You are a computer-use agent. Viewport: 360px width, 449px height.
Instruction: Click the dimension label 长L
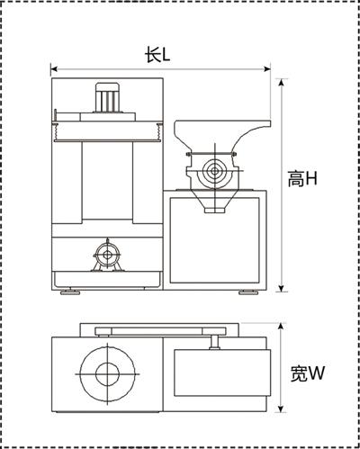tap(157, 55)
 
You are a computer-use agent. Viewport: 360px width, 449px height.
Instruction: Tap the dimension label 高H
tap(302, 179)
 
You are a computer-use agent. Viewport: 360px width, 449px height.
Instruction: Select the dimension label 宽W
tap(308, 373)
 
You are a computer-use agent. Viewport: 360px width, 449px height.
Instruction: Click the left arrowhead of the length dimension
tap(54, 69)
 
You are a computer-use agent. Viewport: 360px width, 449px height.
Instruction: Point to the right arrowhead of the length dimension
tap(267, 69)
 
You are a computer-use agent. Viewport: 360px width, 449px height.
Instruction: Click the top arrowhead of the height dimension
tap(281, 83)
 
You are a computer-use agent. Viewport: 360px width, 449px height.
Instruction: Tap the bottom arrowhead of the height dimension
tap(281, 288)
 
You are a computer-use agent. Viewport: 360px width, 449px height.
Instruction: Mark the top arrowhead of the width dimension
tap(281, 327)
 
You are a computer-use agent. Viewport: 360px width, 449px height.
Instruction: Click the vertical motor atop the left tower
tap(107, 97)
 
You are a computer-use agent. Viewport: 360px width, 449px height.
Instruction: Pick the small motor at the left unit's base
tap(107, 256)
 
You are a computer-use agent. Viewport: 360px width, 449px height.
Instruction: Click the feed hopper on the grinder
tap(222, 136)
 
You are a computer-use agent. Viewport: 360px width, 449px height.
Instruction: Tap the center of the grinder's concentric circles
tap(215, 171)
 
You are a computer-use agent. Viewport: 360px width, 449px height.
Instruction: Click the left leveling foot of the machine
tap(70, 292)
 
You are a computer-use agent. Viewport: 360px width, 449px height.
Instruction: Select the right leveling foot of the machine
tap(248, 292)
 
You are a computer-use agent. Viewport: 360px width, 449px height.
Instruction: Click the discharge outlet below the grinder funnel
tap(214, 211)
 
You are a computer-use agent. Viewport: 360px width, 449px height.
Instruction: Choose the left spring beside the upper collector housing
tap(55, 131)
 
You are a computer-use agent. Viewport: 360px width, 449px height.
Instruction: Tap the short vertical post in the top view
tap(214, 342)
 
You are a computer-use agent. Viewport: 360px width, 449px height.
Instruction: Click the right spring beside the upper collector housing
tap(159, 131)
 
